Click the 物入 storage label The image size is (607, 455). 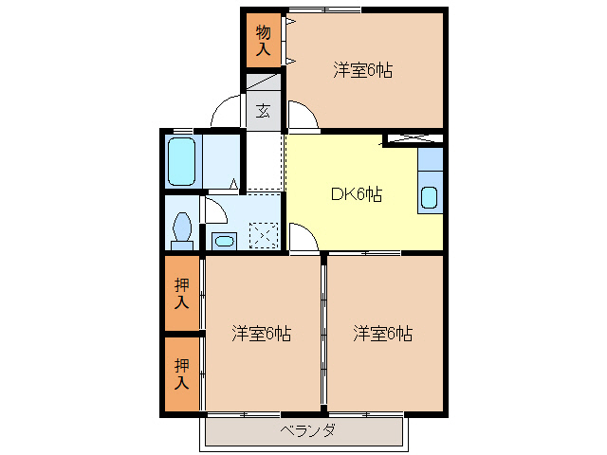tap(263, 41)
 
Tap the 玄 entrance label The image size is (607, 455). tap(264, 111)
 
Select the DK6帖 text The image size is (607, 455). tap(356, 195)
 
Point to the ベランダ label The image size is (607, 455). tap(307, 431)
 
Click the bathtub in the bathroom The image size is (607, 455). tap(181, 161)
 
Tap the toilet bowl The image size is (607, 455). tap(181, 227)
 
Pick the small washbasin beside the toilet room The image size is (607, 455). tap(224, 240)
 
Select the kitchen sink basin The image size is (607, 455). tap(429, 198)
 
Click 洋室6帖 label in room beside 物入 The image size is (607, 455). tap(363, 69)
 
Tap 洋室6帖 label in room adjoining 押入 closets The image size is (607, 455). tap(262, 334)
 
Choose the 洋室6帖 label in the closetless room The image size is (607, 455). tap(383, 334)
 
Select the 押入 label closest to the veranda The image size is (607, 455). tap(181, 374)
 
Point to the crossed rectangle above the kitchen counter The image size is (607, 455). tap(414, 140)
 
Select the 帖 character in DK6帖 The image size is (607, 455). tap(375, 195)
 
